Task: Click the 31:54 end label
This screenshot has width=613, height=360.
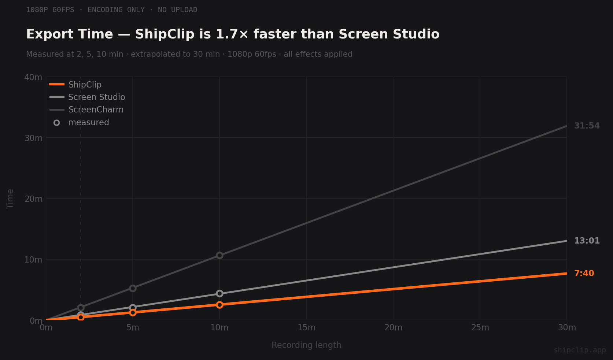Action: point(587,126)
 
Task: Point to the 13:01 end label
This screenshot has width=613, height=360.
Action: point(587,241)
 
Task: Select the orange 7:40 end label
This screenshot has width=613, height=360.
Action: point(584,274)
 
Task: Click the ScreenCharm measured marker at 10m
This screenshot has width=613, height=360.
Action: point(219,255)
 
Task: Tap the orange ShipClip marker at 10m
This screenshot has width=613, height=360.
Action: point(219,305)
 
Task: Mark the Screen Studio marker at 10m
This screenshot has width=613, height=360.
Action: point(219,293)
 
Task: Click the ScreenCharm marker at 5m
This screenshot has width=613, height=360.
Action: point(133,288)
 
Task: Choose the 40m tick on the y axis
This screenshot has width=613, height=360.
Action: point(33,77)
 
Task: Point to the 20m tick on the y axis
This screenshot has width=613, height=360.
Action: point(33,199)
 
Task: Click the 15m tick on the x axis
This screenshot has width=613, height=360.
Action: point(306,327)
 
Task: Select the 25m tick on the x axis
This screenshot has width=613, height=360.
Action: point(480,327)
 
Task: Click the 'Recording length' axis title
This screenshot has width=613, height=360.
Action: point(306,345)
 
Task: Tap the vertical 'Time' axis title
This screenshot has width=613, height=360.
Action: point(10,199)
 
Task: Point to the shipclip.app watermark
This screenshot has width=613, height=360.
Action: point(579,350)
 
